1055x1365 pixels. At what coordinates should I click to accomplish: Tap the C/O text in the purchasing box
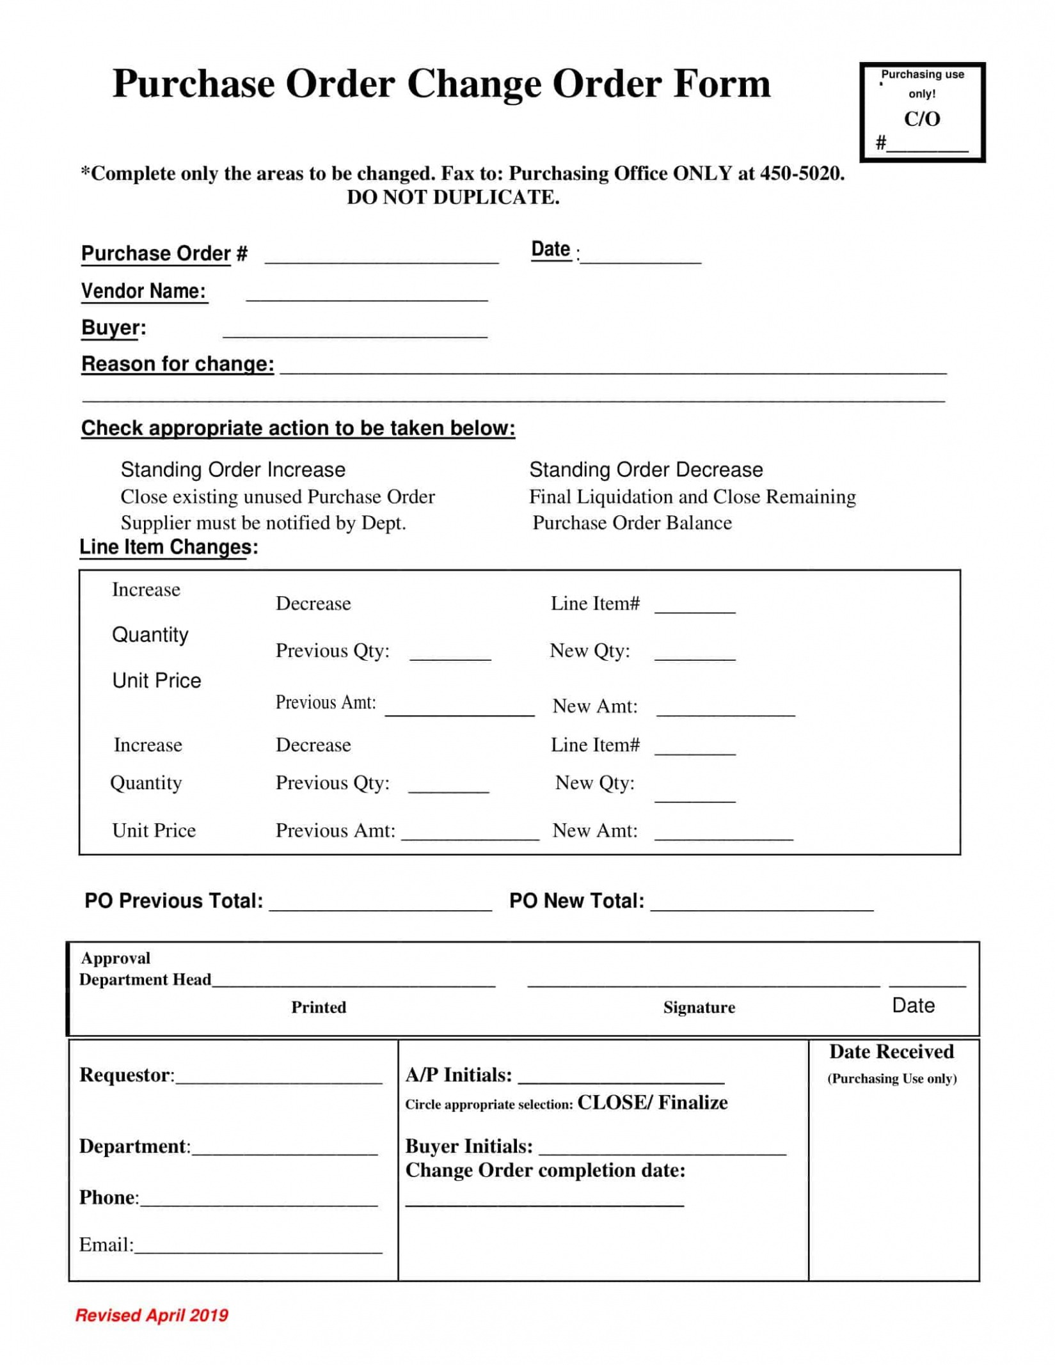click(x=921, y=119)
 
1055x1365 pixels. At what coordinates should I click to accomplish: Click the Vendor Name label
click(x=143, y=291)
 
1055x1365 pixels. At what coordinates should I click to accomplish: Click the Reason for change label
click(x=177, y=364)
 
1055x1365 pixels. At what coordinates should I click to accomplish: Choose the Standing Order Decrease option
click(x=646, y=469)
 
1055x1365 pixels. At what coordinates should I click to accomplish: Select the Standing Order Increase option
click(x=233, y=469)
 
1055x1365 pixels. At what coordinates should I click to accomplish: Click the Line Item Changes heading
click(x=168, y=547)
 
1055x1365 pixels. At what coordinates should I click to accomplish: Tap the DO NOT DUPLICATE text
click(x=452, y=197)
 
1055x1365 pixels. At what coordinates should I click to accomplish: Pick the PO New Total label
click(x=576, y=901)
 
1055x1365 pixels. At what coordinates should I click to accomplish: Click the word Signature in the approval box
click(x=699, y=1007)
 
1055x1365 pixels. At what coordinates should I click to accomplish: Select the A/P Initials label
click(x=458, y=1075)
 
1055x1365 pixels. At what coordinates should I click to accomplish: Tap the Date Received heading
click(x=891, y=1052)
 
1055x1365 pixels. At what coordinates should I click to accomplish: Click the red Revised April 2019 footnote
click(x=152, y=1315)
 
